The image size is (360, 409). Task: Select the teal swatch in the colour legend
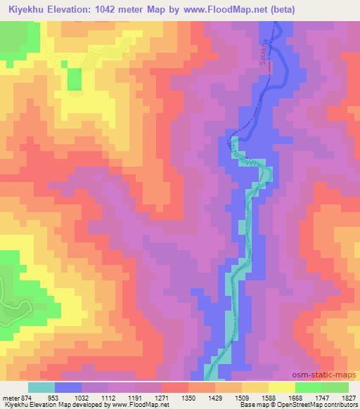point(41,387)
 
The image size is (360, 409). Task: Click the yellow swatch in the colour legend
point(281,387)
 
